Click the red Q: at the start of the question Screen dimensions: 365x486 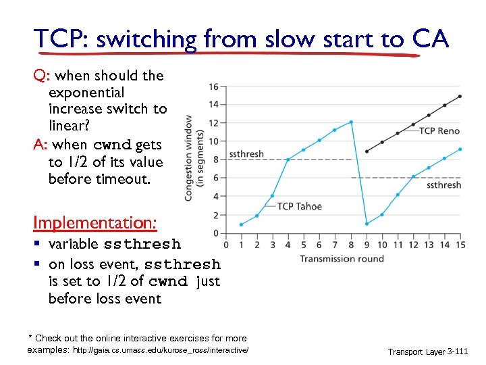[42, 76]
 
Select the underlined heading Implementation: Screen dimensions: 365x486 [95, 222]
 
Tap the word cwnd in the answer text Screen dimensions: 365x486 [112, 145]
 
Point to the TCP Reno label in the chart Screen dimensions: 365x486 [440, 131]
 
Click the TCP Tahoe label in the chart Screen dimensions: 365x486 [299, 206]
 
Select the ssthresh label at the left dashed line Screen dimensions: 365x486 [246, 154]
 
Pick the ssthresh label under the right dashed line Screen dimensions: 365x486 [443, 185]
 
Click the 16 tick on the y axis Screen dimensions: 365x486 [213, 87]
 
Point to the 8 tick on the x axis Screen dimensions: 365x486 [351, 245]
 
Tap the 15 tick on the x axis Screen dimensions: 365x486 [460, 245]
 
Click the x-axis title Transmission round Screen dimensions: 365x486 [342, 259]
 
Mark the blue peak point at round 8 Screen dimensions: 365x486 [351, 122]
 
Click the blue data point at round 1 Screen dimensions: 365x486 [241, 224]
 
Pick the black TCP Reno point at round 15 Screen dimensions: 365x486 [460, 96]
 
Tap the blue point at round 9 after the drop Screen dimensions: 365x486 [367, 224]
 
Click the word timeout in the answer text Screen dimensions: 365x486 [137, 179]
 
